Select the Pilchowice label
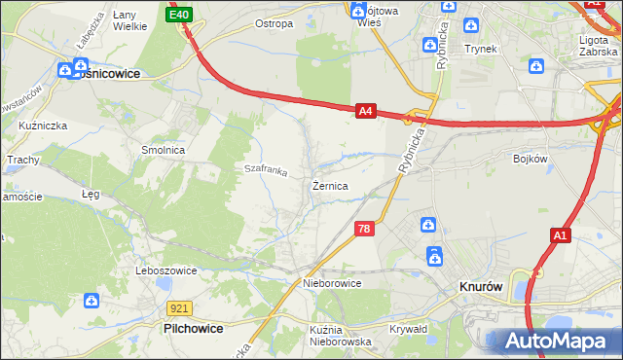(x=193, y=329)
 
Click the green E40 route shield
(x=179, y=16)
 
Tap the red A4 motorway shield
(x=365, y=112)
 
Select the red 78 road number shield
(x=364, y=229)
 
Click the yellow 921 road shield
(x=178, y=307)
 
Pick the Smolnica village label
(x=164, y=151)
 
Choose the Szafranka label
(x=266, y=170)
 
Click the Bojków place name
(x=531, y=157)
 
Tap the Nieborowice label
(x=332, y=283)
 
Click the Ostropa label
(x=273, y=23)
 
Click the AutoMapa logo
(x=555, y=342)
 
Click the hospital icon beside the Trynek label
(x=472, y=26)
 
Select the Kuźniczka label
(x=42, y=126)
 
